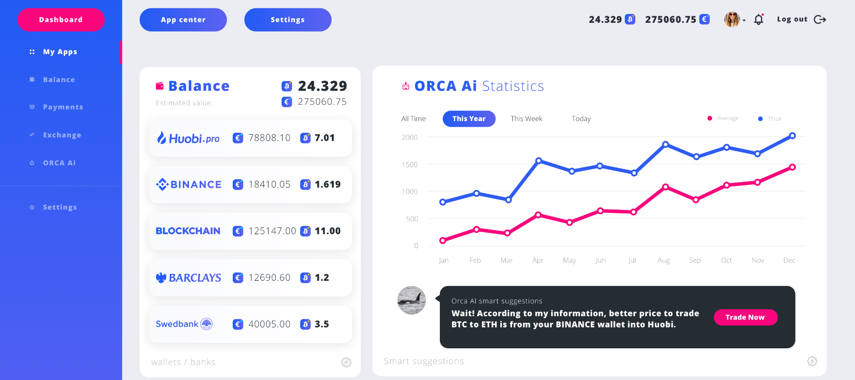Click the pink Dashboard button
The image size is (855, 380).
point(61,20)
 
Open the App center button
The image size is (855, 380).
point(183,20)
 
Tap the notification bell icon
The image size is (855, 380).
point(759,20)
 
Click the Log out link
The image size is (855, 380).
point(801,19)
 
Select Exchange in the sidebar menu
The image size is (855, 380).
point(62,135)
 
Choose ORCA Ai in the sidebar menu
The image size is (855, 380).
point(59,163)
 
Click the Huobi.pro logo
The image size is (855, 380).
point(188,138)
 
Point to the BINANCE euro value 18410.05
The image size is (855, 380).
point(269,184)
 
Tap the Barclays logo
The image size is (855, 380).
point(189,278)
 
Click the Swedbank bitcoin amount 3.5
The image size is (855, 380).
point(322,324)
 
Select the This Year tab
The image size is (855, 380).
point(469,119)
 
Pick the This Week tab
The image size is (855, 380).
point(526,119)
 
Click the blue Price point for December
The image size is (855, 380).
point(792,136)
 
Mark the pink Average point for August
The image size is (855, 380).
point(666,187)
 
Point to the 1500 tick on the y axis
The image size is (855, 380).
point(410,164)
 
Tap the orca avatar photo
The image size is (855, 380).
point(411,300)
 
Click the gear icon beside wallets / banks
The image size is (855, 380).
point(346,362)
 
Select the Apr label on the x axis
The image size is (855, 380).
point(538,260)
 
